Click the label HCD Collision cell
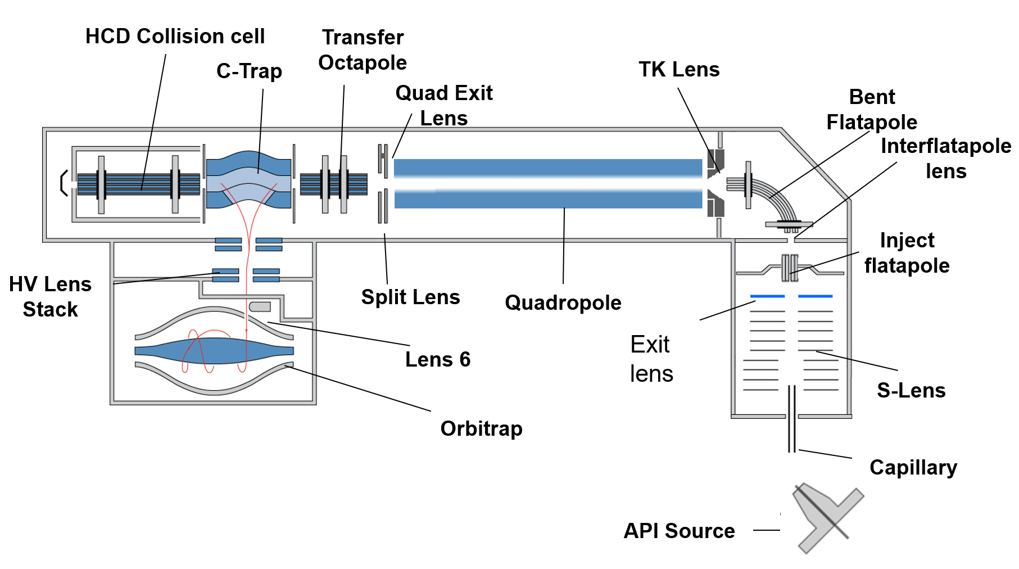[175, 37]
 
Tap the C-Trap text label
[249, 71]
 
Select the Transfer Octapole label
[363, 50]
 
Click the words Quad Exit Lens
[444, 105]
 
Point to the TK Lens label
[679, 70]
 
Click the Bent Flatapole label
[872, 110]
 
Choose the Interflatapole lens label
[945, 158]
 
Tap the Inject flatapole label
[907, 253]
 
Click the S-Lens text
[911, 390]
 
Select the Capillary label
[913, 467]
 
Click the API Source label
[679, 531]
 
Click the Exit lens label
[651, 359]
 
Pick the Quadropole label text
[563, 302]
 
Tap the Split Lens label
[410, 297]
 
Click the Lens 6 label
[437, 359]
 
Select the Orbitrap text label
[481, 428]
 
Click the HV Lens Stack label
[50, 297]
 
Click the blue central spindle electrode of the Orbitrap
[214, 350]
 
